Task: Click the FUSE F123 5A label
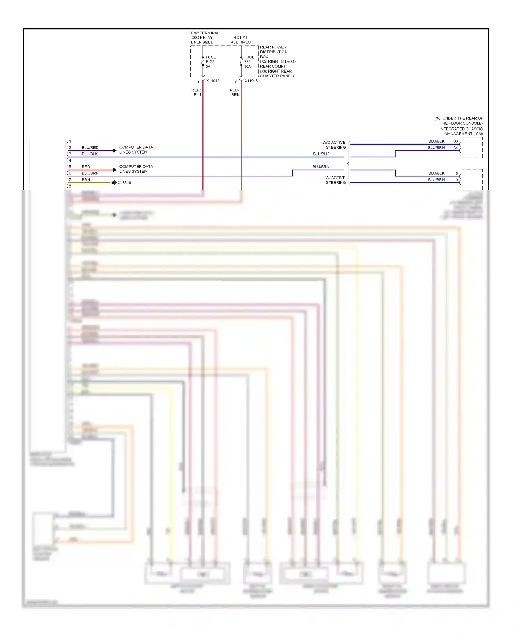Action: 210,62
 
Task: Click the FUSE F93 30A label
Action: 249,62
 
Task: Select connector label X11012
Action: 213,81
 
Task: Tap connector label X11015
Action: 251,81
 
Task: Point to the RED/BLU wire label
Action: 197,92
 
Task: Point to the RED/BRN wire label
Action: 235,92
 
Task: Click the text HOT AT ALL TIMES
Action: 241,40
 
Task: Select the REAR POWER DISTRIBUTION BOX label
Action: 274,52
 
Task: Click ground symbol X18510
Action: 114,183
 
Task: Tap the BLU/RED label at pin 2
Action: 90,148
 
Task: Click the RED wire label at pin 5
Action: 85,167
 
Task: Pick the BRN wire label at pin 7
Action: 85,180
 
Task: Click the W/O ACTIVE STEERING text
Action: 334,145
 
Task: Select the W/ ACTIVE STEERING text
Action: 335,180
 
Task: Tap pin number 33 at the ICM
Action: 456,141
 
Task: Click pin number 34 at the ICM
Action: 456,148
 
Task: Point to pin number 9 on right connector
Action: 457,180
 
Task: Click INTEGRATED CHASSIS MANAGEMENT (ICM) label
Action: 461,131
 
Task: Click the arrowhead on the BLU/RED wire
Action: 115,151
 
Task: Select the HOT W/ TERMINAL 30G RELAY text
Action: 202,38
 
